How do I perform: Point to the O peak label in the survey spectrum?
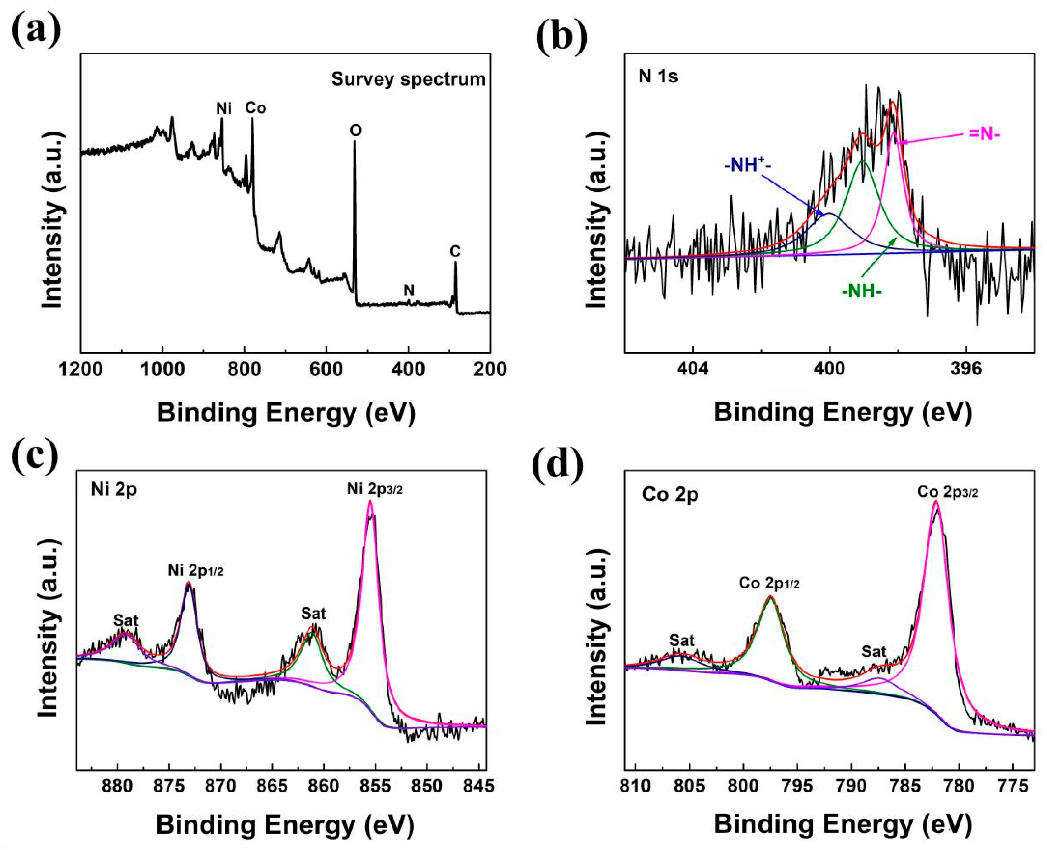point(356,130)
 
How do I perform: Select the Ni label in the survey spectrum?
point(224,108)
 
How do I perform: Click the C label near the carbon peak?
point(455,251)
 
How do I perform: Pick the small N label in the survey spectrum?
point(409,290)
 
